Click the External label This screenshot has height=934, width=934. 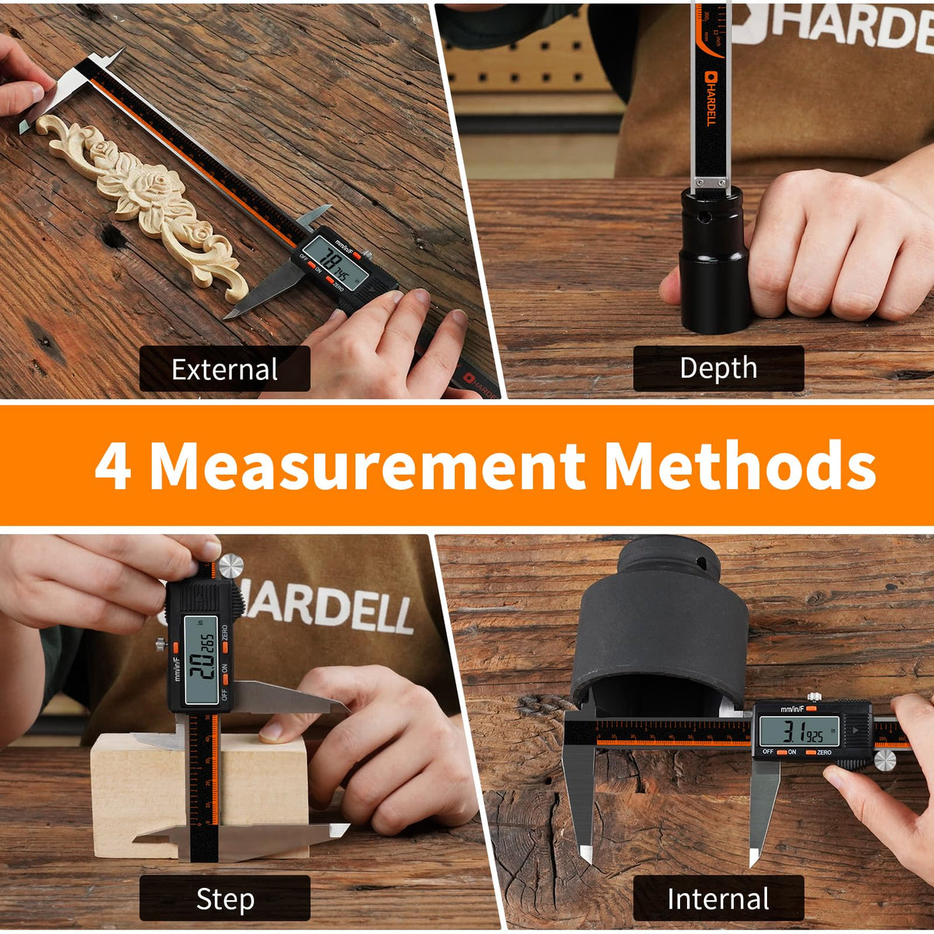(x=224, y=369)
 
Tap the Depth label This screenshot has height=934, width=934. (x=718, y=368)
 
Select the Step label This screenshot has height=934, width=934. (x=224, y=899)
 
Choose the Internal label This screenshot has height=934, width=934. (x=718, y=899)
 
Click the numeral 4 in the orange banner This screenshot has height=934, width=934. (x=113, y=466)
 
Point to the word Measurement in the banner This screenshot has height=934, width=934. (x=367, y=466)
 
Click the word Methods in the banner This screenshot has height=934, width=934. (x=739, y=466)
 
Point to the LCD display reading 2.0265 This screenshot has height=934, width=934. (x=202, y=661)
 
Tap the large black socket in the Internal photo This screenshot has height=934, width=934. (x=658, y=631)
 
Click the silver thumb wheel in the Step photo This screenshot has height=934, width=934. (x=229, y=567)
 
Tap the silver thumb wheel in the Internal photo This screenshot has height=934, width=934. (x=885, y=760)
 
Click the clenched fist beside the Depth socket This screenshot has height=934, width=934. (x=831, y=246)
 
